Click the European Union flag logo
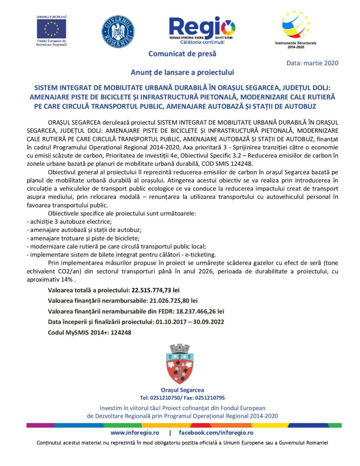click(51, 29)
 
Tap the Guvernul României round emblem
click(117, 30)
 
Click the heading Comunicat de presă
click(182, 54)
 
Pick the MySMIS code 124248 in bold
click(121, 333)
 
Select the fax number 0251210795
click(208, 397)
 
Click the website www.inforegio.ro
click(134, 432)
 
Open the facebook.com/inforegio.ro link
click(216, 432)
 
